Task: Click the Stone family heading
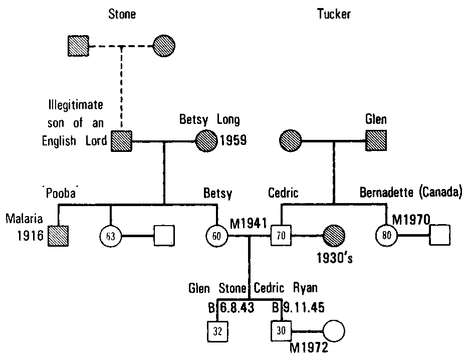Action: (x=122, y=14)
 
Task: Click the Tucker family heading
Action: (x=334, y=14)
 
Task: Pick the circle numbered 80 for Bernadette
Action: (x=386, y=235)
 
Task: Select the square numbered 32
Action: (x=217, y=331)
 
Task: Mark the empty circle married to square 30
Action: (x=334, y=331)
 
